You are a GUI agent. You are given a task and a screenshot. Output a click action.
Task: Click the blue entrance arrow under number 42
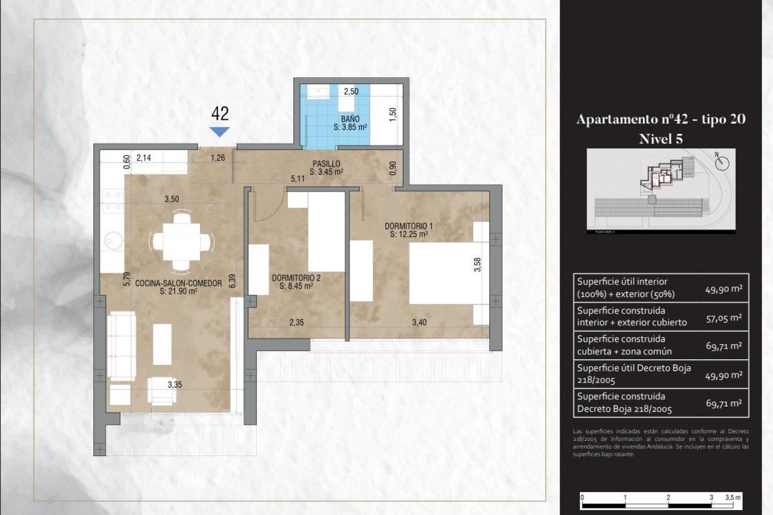click(219, 132)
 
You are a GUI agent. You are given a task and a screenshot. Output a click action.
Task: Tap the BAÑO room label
click(350, 119)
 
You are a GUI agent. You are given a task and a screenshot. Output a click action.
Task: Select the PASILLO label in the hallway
click(326, 164)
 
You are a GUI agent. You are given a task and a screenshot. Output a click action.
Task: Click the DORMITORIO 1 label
click(408, 227)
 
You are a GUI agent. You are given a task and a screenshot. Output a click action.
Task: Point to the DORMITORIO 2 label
click(296, 278)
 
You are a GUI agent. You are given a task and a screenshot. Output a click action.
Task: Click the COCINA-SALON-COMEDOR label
click(178, 283)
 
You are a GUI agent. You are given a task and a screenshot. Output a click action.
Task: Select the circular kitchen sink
click(113, 241)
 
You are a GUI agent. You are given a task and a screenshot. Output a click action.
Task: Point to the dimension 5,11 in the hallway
click(298, 179)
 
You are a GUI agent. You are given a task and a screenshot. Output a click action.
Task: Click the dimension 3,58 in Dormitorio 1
click(477, 264)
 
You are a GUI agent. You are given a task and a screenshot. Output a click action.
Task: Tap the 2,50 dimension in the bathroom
click(351, 91)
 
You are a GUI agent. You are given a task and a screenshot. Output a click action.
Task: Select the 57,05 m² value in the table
click(723, 318)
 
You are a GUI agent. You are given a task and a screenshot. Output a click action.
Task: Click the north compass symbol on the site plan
click(722, 163)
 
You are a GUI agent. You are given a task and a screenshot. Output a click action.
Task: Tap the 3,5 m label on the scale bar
click(732, 497)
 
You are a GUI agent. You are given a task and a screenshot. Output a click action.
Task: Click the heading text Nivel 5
click(660, 139)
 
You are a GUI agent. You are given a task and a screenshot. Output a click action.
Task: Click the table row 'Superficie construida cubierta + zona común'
click(660, 345)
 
